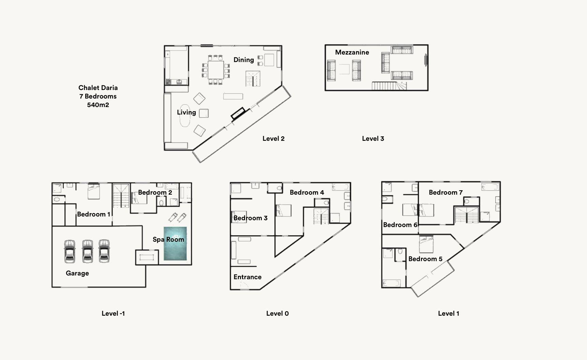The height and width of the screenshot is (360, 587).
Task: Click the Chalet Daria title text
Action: tap(98, 88)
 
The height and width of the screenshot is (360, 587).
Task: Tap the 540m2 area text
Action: tap(98, 105)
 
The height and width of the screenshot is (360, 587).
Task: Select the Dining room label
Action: tap(244, 60)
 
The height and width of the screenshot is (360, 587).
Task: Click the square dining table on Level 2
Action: tap(216, 70)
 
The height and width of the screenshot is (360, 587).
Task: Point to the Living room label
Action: tap(186, 112)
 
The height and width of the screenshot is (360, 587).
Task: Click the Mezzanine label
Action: tap(352, 52)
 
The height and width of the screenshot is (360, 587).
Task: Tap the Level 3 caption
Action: tap(373, 138)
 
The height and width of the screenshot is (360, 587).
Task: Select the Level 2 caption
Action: tap(273, 138)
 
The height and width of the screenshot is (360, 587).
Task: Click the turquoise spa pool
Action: tap(175, 243)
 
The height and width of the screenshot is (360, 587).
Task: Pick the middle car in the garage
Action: tap(88, 251)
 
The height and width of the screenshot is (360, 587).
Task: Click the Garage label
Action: tap(77, 273)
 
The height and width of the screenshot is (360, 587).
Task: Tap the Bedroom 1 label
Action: tap(94, 214)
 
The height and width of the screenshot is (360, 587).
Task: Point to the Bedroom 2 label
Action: tap(155, 192)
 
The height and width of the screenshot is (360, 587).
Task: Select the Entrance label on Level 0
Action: tap(247, 277)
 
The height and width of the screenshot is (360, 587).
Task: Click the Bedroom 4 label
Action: tap(307, 192)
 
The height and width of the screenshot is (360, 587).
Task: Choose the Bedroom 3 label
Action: tap(251, 218)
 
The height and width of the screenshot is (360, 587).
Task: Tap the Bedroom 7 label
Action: tap(446, 192)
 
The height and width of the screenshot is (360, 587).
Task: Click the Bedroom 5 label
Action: tap(425, 259)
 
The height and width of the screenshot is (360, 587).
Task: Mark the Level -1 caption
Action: tap(113, 313)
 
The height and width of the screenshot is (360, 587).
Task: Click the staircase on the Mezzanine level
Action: tap(389, 86)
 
